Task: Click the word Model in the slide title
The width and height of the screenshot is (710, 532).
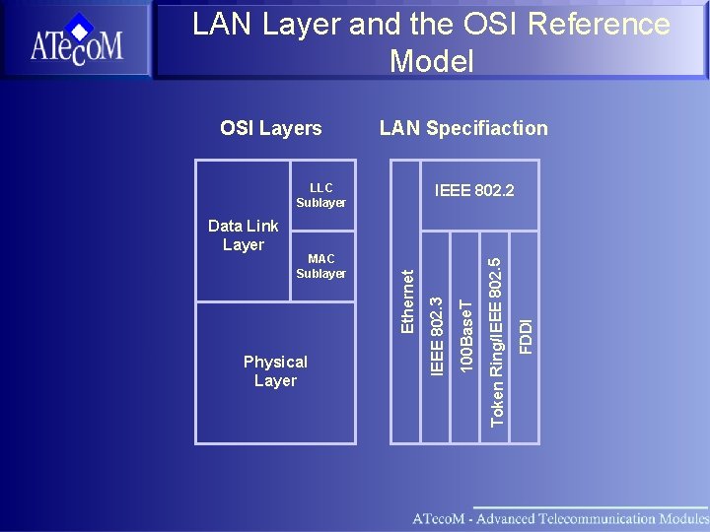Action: click(x=431, y=62)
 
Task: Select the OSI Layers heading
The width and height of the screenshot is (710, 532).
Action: click(x=270, y=128)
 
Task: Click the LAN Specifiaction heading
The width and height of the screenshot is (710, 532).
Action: click(x=463, y=128)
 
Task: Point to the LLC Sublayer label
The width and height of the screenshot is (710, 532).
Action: click(x=320, y=195)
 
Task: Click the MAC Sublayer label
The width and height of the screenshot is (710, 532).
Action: click(x=320, y=266)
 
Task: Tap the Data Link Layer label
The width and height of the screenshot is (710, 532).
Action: click(x=244, y=235)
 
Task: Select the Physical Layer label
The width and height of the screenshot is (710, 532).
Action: click(x=275, y=371)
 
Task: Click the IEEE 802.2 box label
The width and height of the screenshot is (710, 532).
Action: click(x=474, y=189)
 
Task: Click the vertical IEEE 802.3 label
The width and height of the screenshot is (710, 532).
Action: click(x=437, y=328)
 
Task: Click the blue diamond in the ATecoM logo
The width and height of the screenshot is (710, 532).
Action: click(x=81, y=27)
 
